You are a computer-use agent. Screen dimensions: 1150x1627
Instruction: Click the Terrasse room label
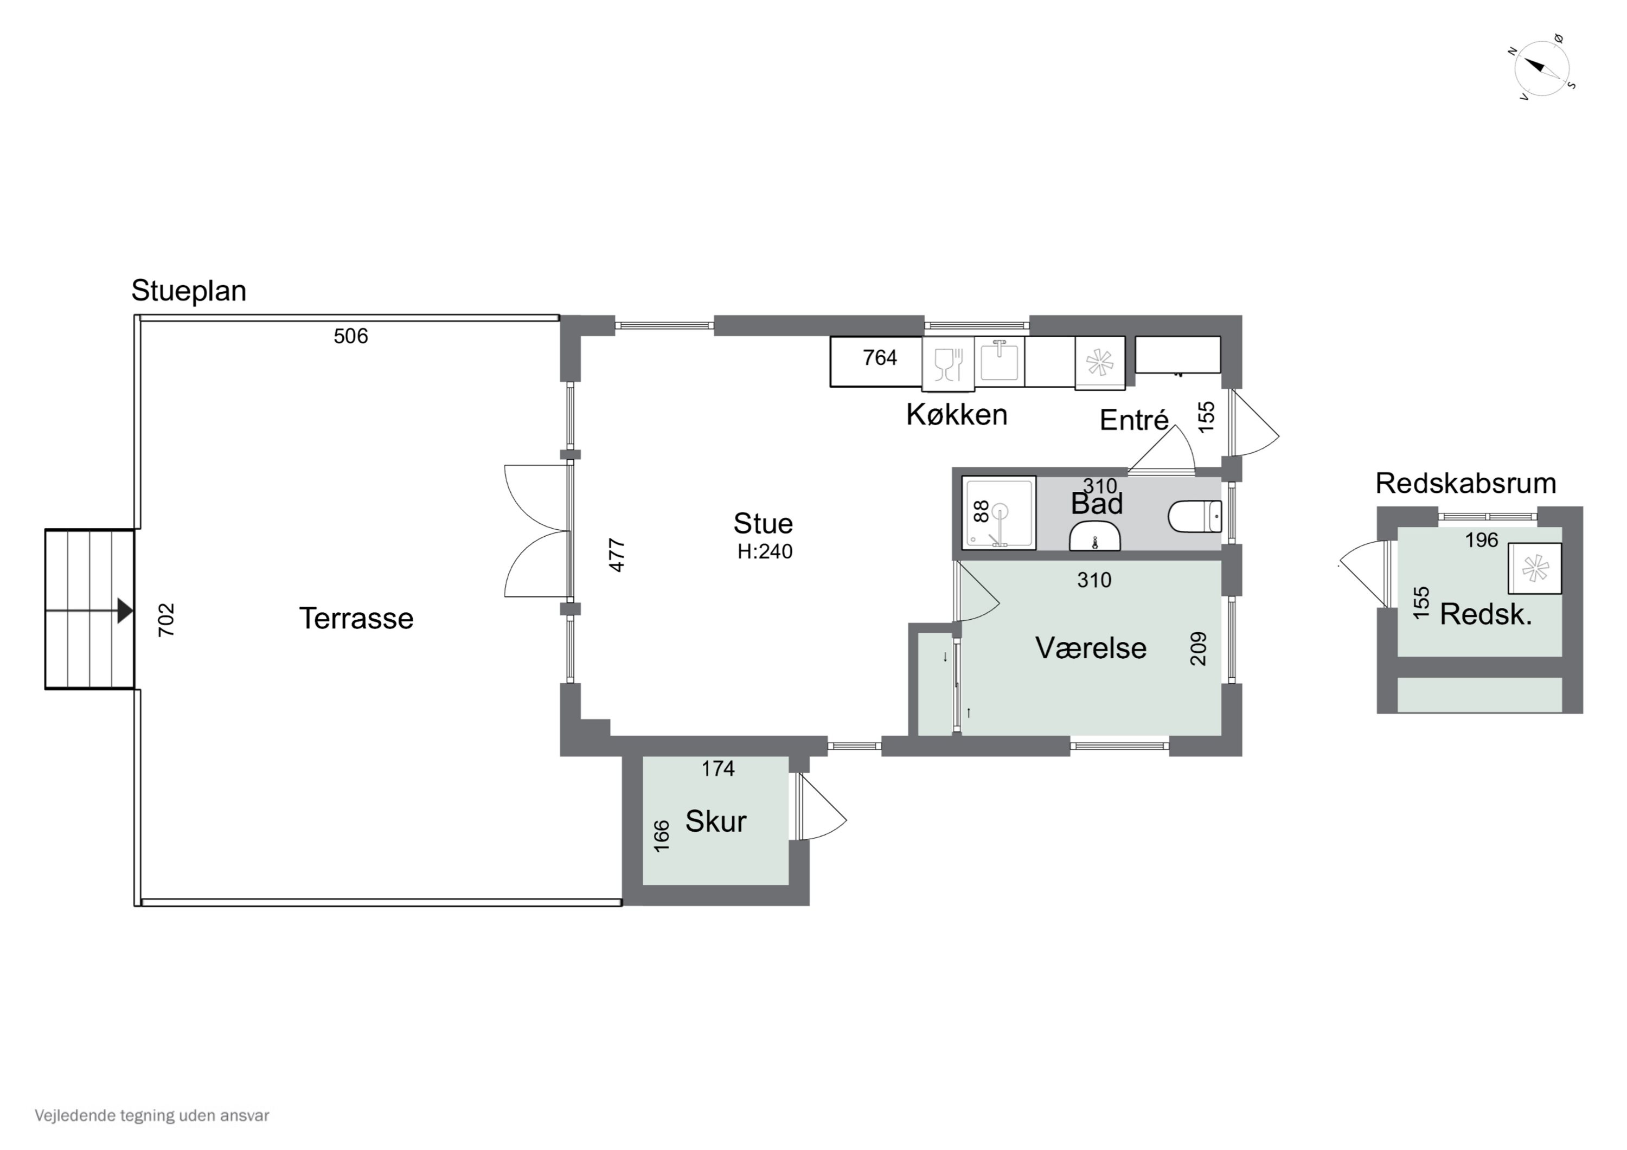point(356,619)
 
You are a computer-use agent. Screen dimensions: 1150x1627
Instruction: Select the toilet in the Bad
point(1195,517)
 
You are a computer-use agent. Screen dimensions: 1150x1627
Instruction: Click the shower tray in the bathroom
point(998,512)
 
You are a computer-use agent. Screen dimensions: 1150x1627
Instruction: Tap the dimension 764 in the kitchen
point(880,358)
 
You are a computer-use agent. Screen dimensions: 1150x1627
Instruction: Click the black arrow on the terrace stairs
point(125,610)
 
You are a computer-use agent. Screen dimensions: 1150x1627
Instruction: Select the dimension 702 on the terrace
point(166,620)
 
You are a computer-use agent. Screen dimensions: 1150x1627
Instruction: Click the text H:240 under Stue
point(765,552)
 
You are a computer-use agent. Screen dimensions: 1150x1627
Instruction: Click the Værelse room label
point(1091,647)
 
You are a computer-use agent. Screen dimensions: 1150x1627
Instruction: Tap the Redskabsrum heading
point(1465,483)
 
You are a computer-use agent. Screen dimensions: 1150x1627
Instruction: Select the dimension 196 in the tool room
point(1481,541)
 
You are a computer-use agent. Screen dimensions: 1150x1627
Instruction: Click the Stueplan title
point(189,291)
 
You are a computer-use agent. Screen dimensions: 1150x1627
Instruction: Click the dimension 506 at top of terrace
point(351,336)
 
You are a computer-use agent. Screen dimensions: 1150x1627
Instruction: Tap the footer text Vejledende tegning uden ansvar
point(152,1116)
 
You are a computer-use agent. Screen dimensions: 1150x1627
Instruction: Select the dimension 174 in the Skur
point(718,769)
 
